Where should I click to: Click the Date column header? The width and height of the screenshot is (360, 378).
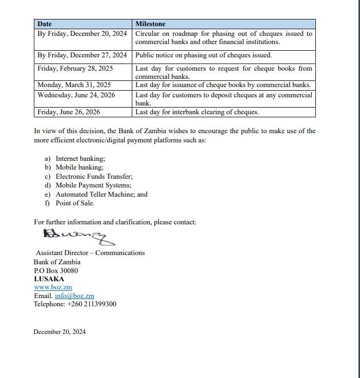click(45, 24)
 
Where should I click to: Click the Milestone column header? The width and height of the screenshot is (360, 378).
click(150, 24)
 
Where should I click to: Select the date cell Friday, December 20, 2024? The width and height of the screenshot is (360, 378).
click(82, 33)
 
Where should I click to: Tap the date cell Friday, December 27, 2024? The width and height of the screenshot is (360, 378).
click(82, 55)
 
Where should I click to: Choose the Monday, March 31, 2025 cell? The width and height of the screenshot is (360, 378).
click(74, 85)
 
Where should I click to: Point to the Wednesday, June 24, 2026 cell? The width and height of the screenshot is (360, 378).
click(76, 95)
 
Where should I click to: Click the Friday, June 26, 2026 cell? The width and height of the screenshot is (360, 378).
click(69, 112)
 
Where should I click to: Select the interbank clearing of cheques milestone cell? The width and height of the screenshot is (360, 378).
click(197, 112)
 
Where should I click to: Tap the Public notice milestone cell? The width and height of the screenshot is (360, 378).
click(204, 55)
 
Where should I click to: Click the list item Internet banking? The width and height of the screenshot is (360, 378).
click(80, 159)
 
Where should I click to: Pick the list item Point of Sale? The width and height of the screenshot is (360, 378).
click(75, 203)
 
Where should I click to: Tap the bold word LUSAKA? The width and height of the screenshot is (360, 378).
click(49, 279)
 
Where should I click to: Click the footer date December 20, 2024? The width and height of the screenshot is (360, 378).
click(59, 331)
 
